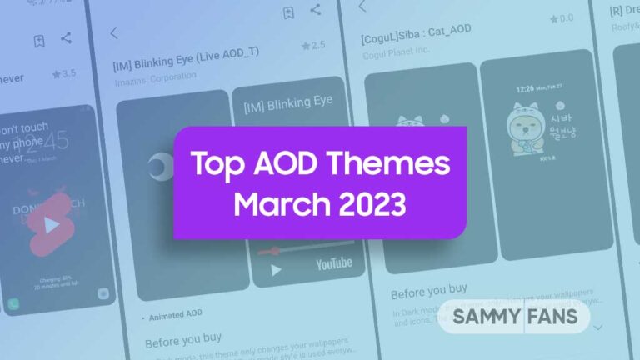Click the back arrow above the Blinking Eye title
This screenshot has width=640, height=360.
point(114,33)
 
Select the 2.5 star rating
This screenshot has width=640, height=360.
point(313,45)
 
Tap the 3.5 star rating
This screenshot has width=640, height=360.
point(63,74)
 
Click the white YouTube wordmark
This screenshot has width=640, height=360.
point(333,263)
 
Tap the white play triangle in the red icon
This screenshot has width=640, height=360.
point(52,225)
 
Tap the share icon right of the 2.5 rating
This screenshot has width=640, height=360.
point(315,10)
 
